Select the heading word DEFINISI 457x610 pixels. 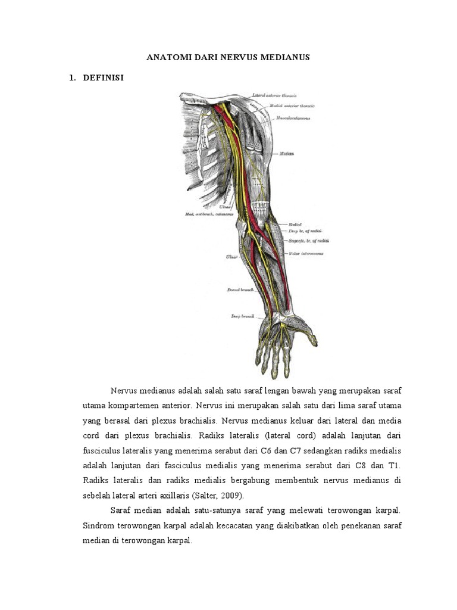(x=103, y=77)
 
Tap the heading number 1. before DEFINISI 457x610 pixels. (x=73, y=77)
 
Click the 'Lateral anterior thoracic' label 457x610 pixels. (x=275, y=95)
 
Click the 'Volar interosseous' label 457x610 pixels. (x=307, y=253)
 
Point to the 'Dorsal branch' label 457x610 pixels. (x=241, y=290)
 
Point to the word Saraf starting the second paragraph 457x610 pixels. (x=121, y=511)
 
